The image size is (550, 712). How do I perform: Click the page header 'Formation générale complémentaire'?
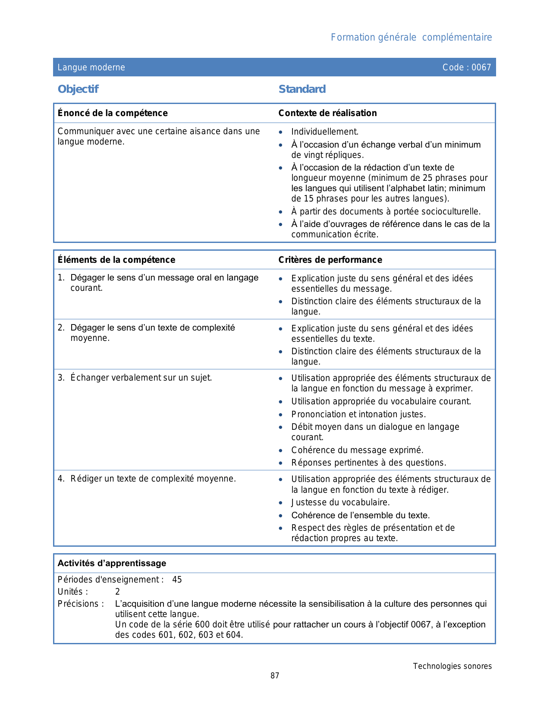tap(411, 38)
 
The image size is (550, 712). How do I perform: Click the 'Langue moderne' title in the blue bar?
tap(91, 67)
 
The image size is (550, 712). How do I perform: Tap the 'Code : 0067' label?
tap(466, 67)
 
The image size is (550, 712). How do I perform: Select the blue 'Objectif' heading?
tap(78, 89)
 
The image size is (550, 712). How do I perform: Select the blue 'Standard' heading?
tap(302, 89)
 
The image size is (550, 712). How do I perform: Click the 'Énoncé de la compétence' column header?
tap(113, 113)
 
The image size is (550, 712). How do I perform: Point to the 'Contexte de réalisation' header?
tap(327, 113)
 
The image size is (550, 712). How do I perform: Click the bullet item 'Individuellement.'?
tap(325, 132)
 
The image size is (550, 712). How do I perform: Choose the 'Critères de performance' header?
tap(330, 260)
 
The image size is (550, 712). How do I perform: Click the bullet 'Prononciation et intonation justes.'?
tap(358, 415)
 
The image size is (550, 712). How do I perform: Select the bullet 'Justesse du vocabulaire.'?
tap(340, 503)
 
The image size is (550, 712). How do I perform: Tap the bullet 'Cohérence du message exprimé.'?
tap(357, 451)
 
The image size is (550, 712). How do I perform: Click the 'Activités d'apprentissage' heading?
tap(112, 564)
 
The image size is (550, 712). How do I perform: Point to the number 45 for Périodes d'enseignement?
tap(177, 580)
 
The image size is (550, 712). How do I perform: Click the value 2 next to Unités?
tap(117, 592)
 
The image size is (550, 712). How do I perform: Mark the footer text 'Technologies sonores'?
tap(452, 666)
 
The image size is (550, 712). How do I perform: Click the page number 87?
tap(275, 676)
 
